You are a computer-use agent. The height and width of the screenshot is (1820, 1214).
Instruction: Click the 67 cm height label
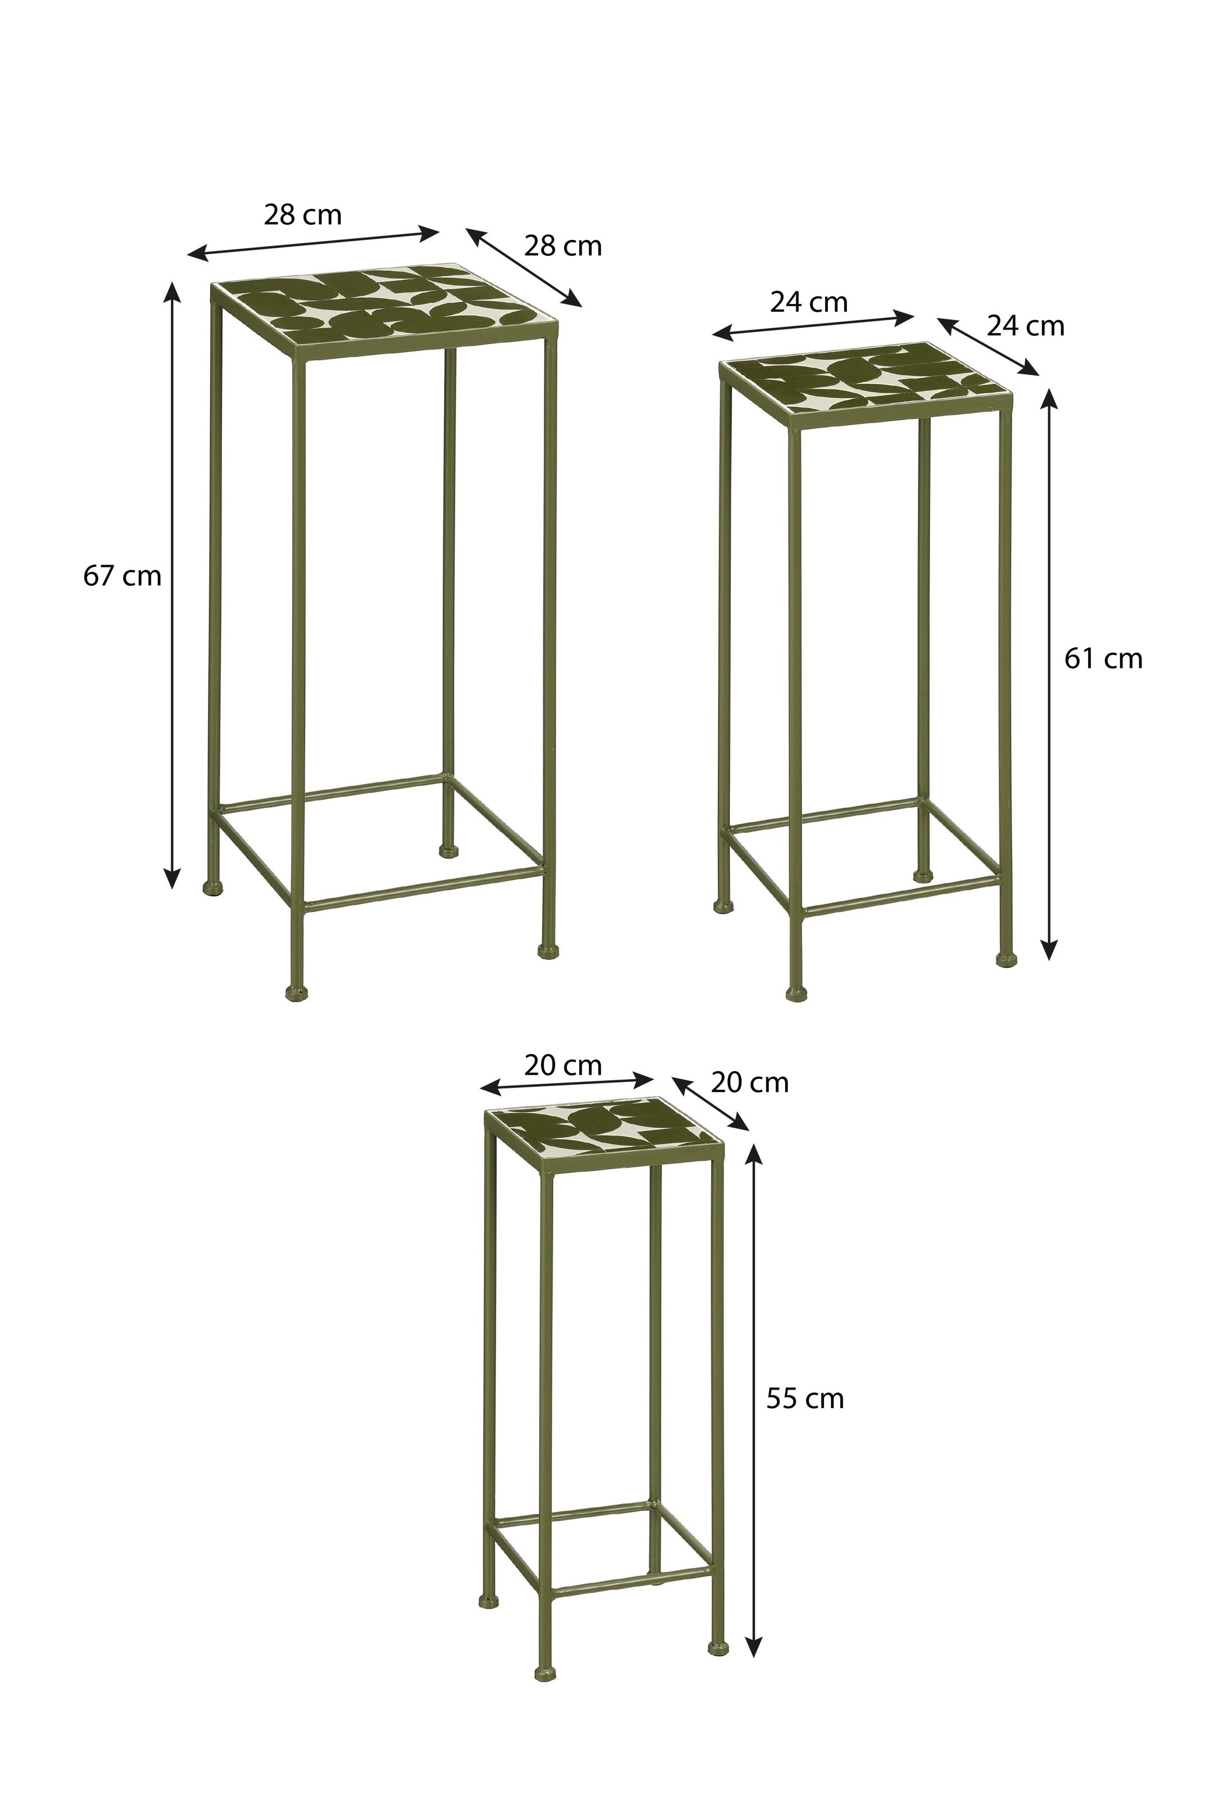(x=123, y=576)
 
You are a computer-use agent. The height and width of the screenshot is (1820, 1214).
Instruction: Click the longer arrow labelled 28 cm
(x=314, y=242)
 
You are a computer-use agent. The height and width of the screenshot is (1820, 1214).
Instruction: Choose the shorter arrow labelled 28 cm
(x=523, y=267)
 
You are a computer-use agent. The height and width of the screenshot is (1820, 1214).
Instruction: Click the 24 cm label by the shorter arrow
(x=1026, y=326)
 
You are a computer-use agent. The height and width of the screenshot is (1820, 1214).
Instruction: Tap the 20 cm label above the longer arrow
(x=563, y=1066)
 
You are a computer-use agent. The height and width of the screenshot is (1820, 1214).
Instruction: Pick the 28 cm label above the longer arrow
(x=303, y=215)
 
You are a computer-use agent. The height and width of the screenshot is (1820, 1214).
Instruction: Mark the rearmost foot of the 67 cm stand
(x=449, y=850)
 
